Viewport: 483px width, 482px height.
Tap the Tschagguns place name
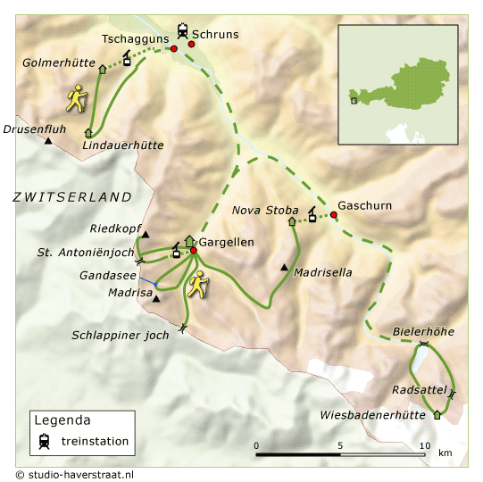132,39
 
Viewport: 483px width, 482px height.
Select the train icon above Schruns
183,29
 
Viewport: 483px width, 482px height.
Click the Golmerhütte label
59,62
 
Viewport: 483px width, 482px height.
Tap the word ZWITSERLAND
71,196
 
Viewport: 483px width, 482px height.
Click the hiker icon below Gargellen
197,284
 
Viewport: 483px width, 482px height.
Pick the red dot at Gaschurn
333,215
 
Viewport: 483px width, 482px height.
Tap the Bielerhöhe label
423,332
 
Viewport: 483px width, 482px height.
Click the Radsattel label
418,391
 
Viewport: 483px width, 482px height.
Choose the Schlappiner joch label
121,336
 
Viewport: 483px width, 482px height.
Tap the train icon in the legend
44,440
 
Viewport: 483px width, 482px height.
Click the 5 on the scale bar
339,445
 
